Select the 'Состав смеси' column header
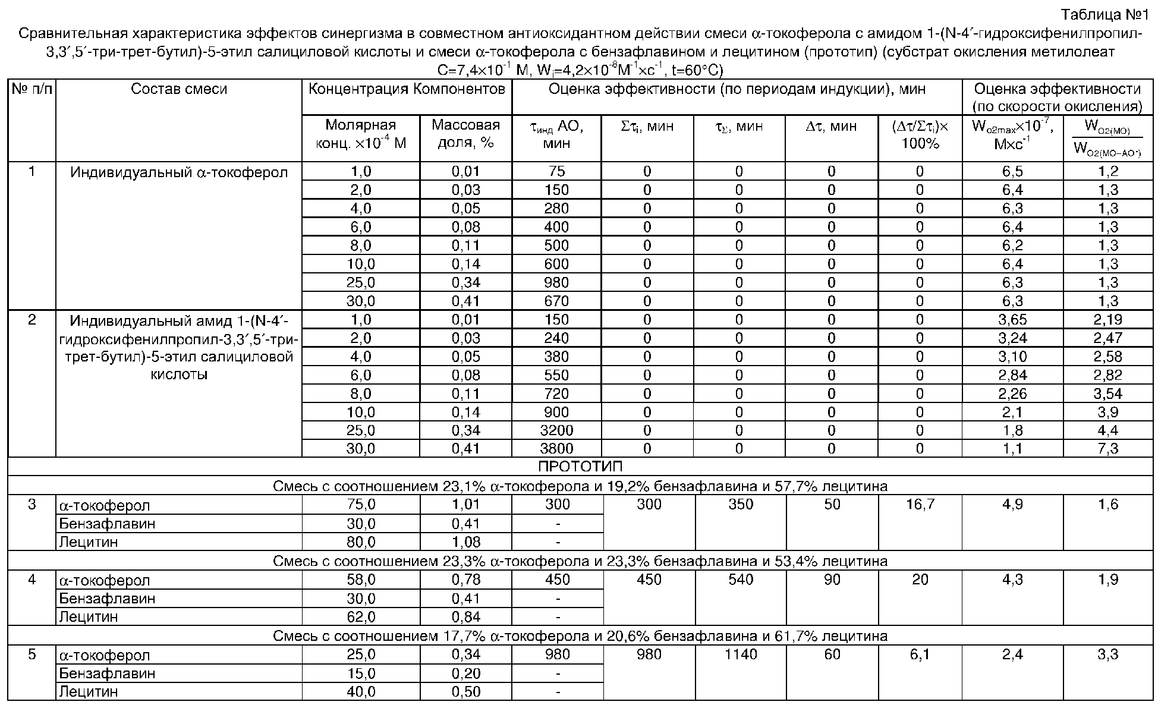pyautogui.click(x=179, y=89)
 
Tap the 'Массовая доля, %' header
pyautogui.click(x=465, y=134)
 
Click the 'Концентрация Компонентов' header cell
pyautogui.click(x=407, y=89)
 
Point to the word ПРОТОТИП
pyautogui.click(x=580, y=466)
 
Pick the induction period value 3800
pyautogui.click(x=556, y=448)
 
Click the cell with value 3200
pyautogui.click(x=556, y=430)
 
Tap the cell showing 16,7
pyautogui.click(x=920, y=505)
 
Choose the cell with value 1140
pyautogui.click(x=740, y=654)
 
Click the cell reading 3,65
pyautogui.click(x=1012, y=319)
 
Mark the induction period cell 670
pyautogui.click(x=556, y=301)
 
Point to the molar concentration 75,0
pyautogui.click(x=361, y=505)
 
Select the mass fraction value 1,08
pyautogui.click(x=465, y=542)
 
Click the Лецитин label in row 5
pyautogui.click(x=88, y=691)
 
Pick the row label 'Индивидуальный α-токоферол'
pyautogui.click(x=179, y=172)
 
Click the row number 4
pyautogui.click(x=32, y=580)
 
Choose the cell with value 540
pyautogui.click(x=740, y=580)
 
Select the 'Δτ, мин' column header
pyautogui.click(x=831, y=126)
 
